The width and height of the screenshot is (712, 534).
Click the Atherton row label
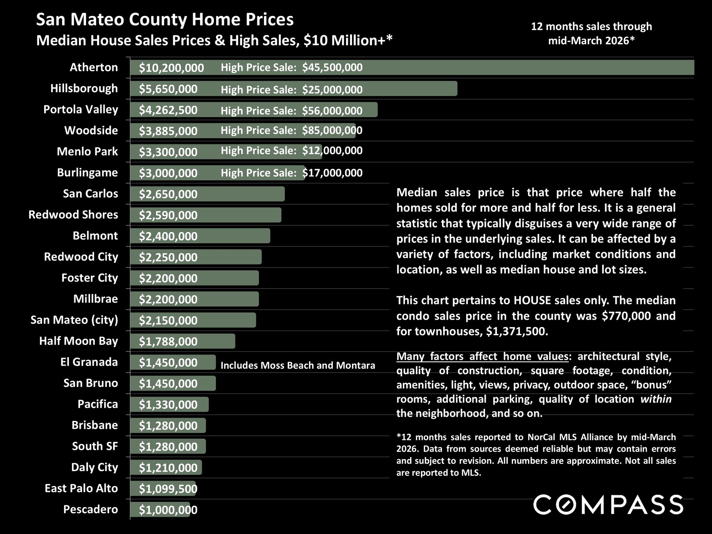click(94, 67)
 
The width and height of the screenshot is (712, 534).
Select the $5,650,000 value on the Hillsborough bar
click(168, 89)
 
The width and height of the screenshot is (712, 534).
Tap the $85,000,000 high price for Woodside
click(332, 130)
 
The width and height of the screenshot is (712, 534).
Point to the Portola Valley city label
click(80, 109)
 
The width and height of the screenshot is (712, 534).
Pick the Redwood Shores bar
click(241, 215)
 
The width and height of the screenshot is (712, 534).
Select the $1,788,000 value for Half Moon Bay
click(168, 341)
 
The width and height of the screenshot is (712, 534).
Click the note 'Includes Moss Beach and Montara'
click(298, 365)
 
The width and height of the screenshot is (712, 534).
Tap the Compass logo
click(608, 505)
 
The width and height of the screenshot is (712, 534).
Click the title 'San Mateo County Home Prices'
click(165, 20)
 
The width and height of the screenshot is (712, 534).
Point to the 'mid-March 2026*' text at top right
click(591, 40)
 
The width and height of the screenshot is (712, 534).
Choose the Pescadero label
click(90, 509)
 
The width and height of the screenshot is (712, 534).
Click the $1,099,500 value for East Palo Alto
click(168, 489)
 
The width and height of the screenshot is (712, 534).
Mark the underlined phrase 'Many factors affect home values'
click(482, 356)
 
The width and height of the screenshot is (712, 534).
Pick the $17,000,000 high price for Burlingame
click(332, 173)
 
